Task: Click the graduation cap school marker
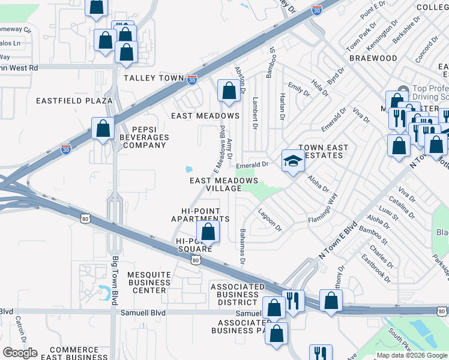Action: pyautogui.click(x=293, y=161)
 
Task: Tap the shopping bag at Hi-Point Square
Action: pyautogui.click(x=208, y=232)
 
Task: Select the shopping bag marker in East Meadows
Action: pyautogui.click(x=229, y=91)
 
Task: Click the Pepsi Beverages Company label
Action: pyautogui.click(x=142, y=137)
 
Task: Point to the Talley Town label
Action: pyautogui.click(x=150, y=78)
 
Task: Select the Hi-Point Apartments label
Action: pyautogui.click(x=200, y=215)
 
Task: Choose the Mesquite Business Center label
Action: pyautogui.click(x=149, y=282)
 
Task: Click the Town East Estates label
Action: pyautogui.click(x=320, y=151)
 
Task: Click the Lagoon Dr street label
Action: pyautogui.click(x=270, y=219)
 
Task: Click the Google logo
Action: pyautogui.click(x=20, y=353)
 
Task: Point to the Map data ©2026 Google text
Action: pyautogui.click(x=411, y=355)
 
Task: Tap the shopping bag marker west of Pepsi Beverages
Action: pyautogui.click(x=103, y=128)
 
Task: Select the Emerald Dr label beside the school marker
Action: pyautogui.click(x=252, y=164)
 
